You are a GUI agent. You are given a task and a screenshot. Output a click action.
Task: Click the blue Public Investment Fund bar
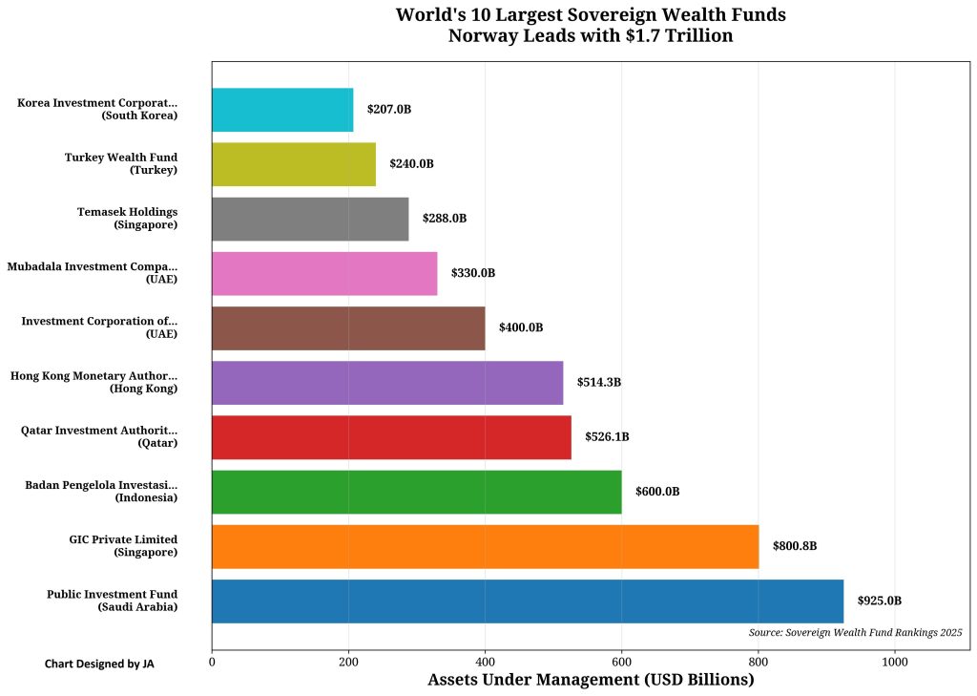click(528, 601)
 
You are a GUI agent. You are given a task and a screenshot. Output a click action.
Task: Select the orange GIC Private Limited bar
click(485, 546)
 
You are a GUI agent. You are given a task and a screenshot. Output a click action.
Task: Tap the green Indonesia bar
click(416, 492)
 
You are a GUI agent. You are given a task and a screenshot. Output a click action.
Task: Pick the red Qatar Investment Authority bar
click(391, 437)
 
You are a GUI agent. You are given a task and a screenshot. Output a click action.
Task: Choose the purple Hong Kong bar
click(387, 382)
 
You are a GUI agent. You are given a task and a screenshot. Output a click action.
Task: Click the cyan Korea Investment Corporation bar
click(282, 110)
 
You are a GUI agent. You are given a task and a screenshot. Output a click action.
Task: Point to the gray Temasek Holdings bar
click(310, 219)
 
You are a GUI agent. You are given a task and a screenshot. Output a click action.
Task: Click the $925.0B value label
click(879, 601)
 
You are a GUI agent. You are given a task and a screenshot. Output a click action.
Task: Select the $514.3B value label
click(598, 382)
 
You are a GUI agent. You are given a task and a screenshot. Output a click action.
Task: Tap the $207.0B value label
click(389, 110)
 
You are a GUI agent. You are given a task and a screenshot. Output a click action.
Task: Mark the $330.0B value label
click(473, 273)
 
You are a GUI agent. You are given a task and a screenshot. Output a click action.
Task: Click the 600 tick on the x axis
click(622, 660)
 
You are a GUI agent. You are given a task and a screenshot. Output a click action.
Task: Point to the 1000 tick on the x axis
click(895, 660)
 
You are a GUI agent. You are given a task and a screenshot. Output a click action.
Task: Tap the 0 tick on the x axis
click(212, 660)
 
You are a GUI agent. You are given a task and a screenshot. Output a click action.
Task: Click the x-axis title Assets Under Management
click(591, 680)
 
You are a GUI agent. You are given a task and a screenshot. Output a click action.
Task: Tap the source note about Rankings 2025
click(855, 632)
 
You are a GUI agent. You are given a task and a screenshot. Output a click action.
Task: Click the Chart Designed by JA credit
click(99, 664)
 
